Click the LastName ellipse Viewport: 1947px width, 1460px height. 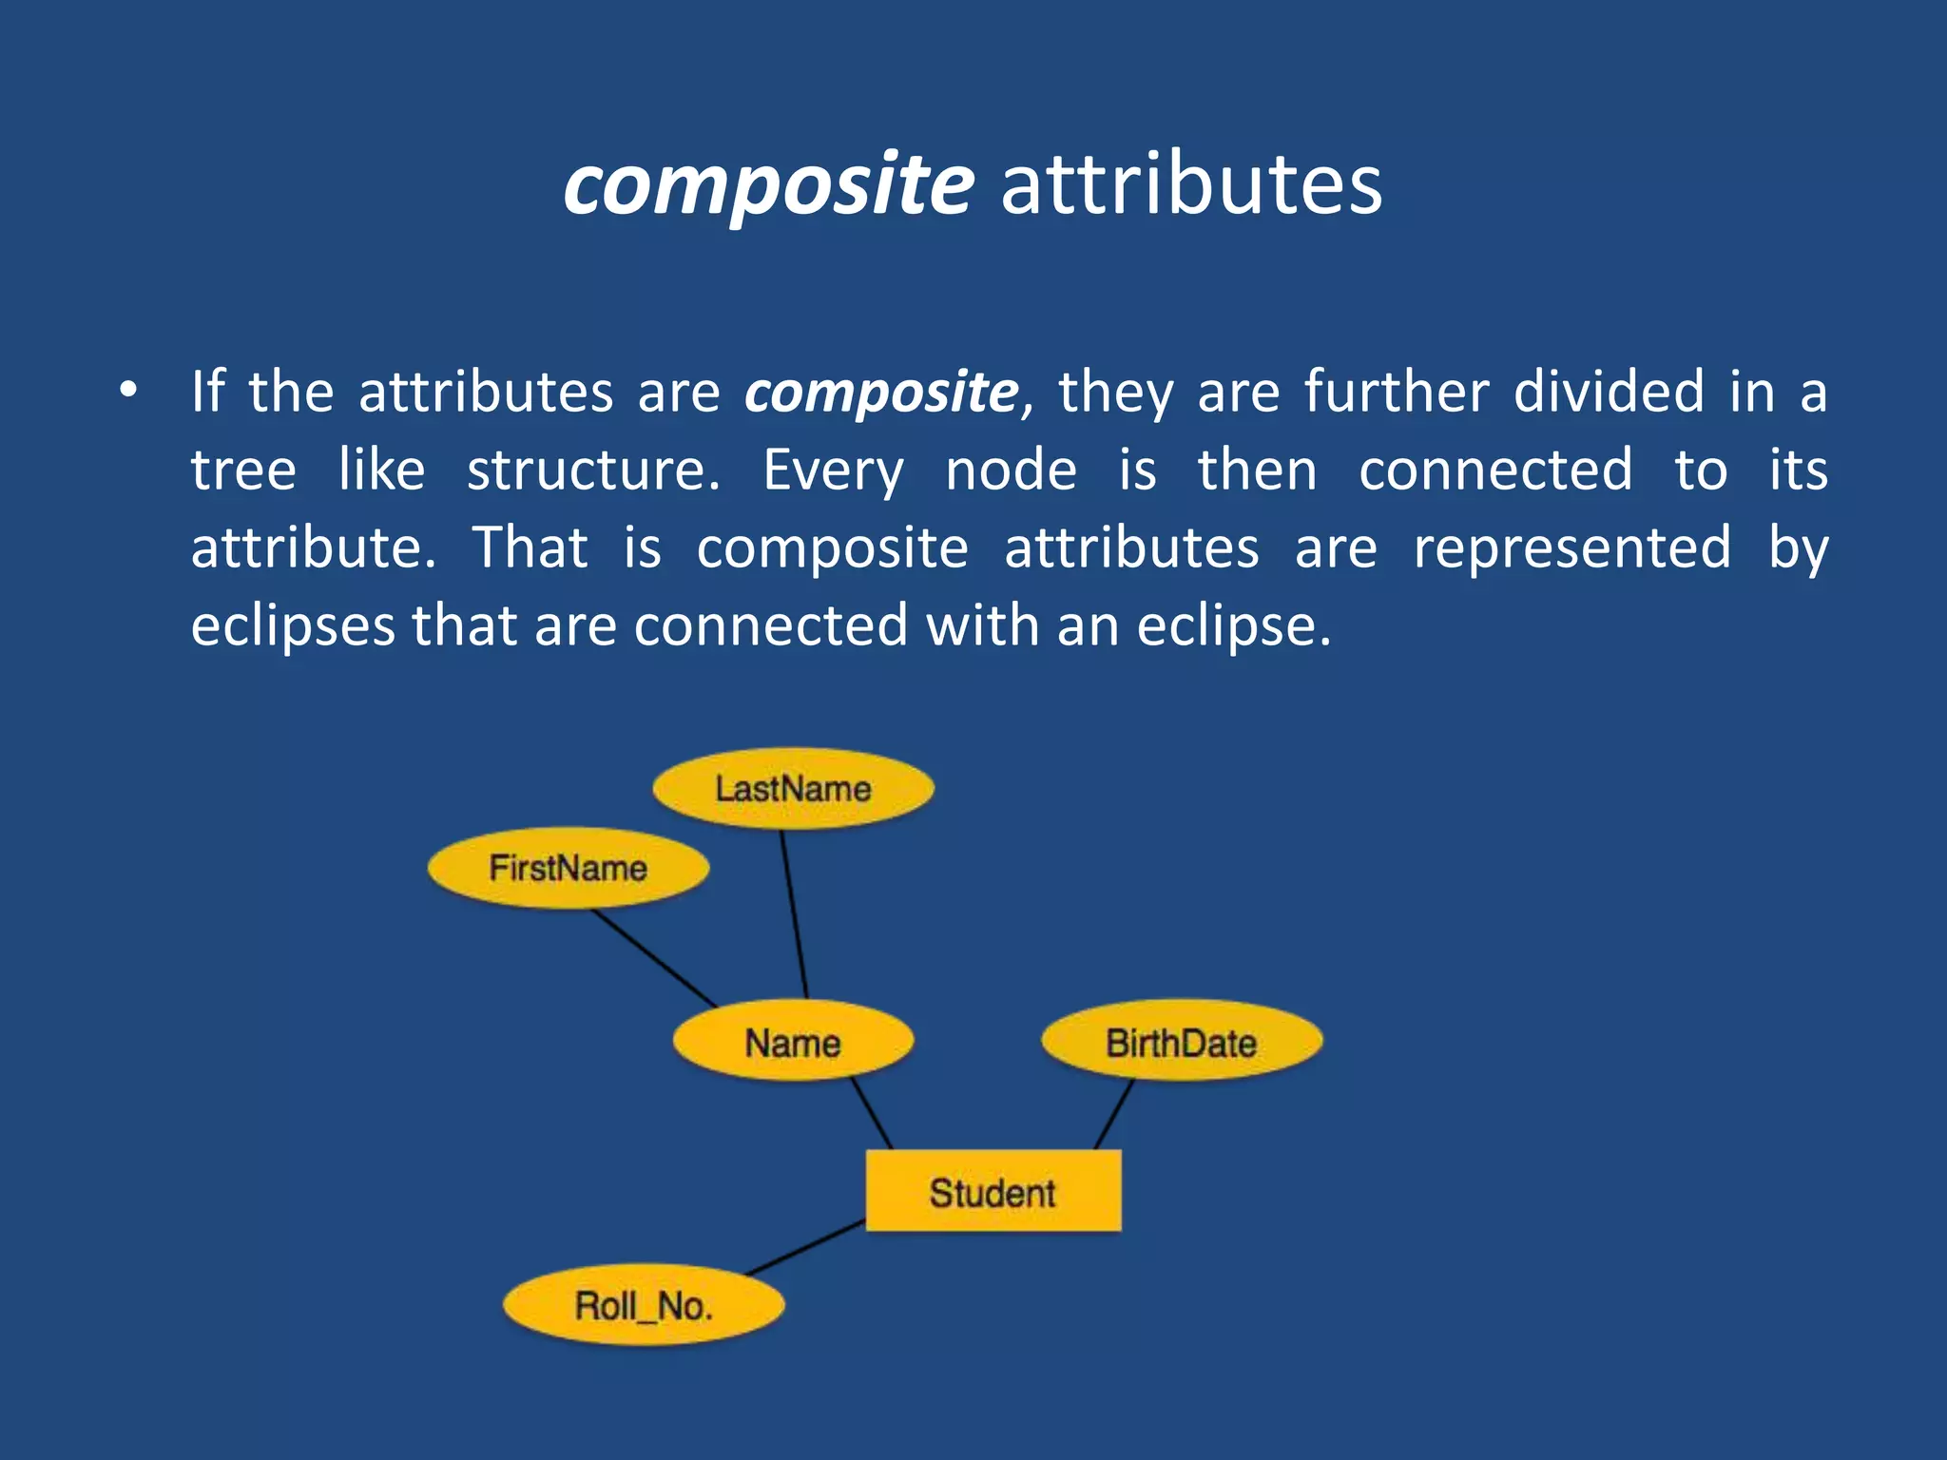click(793, 789)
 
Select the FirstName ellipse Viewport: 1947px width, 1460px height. click(568, 868)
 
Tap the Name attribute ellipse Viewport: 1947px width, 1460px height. click(793, 1042)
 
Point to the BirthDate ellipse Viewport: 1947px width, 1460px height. click(1181, 1042)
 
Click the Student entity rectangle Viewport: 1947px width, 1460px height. click(993, 1192)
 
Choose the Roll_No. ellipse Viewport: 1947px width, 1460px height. click(643, 1305)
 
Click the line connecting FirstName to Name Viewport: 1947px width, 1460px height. click(654, 958)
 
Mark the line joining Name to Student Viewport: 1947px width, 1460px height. click(872, 1114)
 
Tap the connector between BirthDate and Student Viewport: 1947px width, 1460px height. click(1114, 1114)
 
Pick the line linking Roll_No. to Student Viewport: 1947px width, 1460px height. click(806, 1247)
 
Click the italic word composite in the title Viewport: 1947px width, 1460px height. click(768, 184)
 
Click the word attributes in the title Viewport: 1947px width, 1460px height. click(1191, 184)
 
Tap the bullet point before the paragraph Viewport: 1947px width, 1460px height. click(128, 391)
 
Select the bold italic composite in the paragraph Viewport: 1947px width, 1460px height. click(880, 392)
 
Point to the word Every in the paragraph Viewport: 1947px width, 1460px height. click(833, 470)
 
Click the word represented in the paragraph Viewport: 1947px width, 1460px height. click(1571, 547)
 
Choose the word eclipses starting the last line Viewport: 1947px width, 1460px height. click(293, 626)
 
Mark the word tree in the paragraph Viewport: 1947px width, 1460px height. click(243, 470)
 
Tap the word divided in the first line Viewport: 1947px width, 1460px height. click(1609, 392)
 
